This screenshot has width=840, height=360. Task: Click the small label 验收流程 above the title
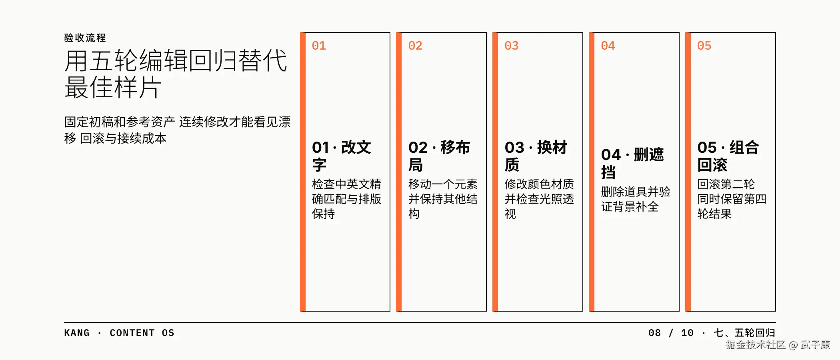click(x=85, y=38)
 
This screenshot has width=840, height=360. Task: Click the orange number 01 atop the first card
click(x=319, y=46)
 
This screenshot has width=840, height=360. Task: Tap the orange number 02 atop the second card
click(x=415, y=46)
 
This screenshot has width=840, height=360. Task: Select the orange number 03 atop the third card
click(x=512, y=46)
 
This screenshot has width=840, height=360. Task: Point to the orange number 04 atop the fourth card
click(x=608, y=46)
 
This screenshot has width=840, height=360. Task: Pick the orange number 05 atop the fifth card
click(x=704, y=46)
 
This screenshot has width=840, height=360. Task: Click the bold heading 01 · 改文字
click(x=342, y=156)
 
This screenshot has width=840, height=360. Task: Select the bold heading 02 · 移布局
click(x=439, y=156)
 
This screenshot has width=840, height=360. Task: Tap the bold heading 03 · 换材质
click(x=536, y=156)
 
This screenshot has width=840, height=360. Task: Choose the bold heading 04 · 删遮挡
click(x=632, y=163)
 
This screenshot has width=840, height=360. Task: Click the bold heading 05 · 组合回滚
click(x=728, y=156)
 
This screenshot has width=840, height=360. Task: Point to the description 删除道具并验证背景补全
click(x=636, y=199)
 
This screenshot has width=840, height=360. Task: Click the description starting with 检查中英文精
click(x=346, y=199)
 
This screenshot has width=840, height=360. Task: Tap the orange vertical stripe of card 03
click(x=495, y=172)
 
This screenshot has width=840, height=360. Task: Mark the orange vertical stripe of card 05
click(x=688, y=172)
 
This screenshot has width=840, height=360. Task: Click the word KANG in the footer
click(x=77, y=333)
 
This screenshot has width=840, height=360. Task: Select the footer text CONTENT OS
click(x=142, y=333)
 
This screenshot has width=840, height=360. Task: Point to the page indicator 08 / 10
click(x=671, y=333)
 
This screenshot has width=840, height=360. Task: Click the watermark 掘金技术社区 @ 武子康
click(x=778, y=345)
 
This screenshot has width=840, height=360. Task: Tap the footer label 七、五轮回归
click(x=745, y=333)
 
